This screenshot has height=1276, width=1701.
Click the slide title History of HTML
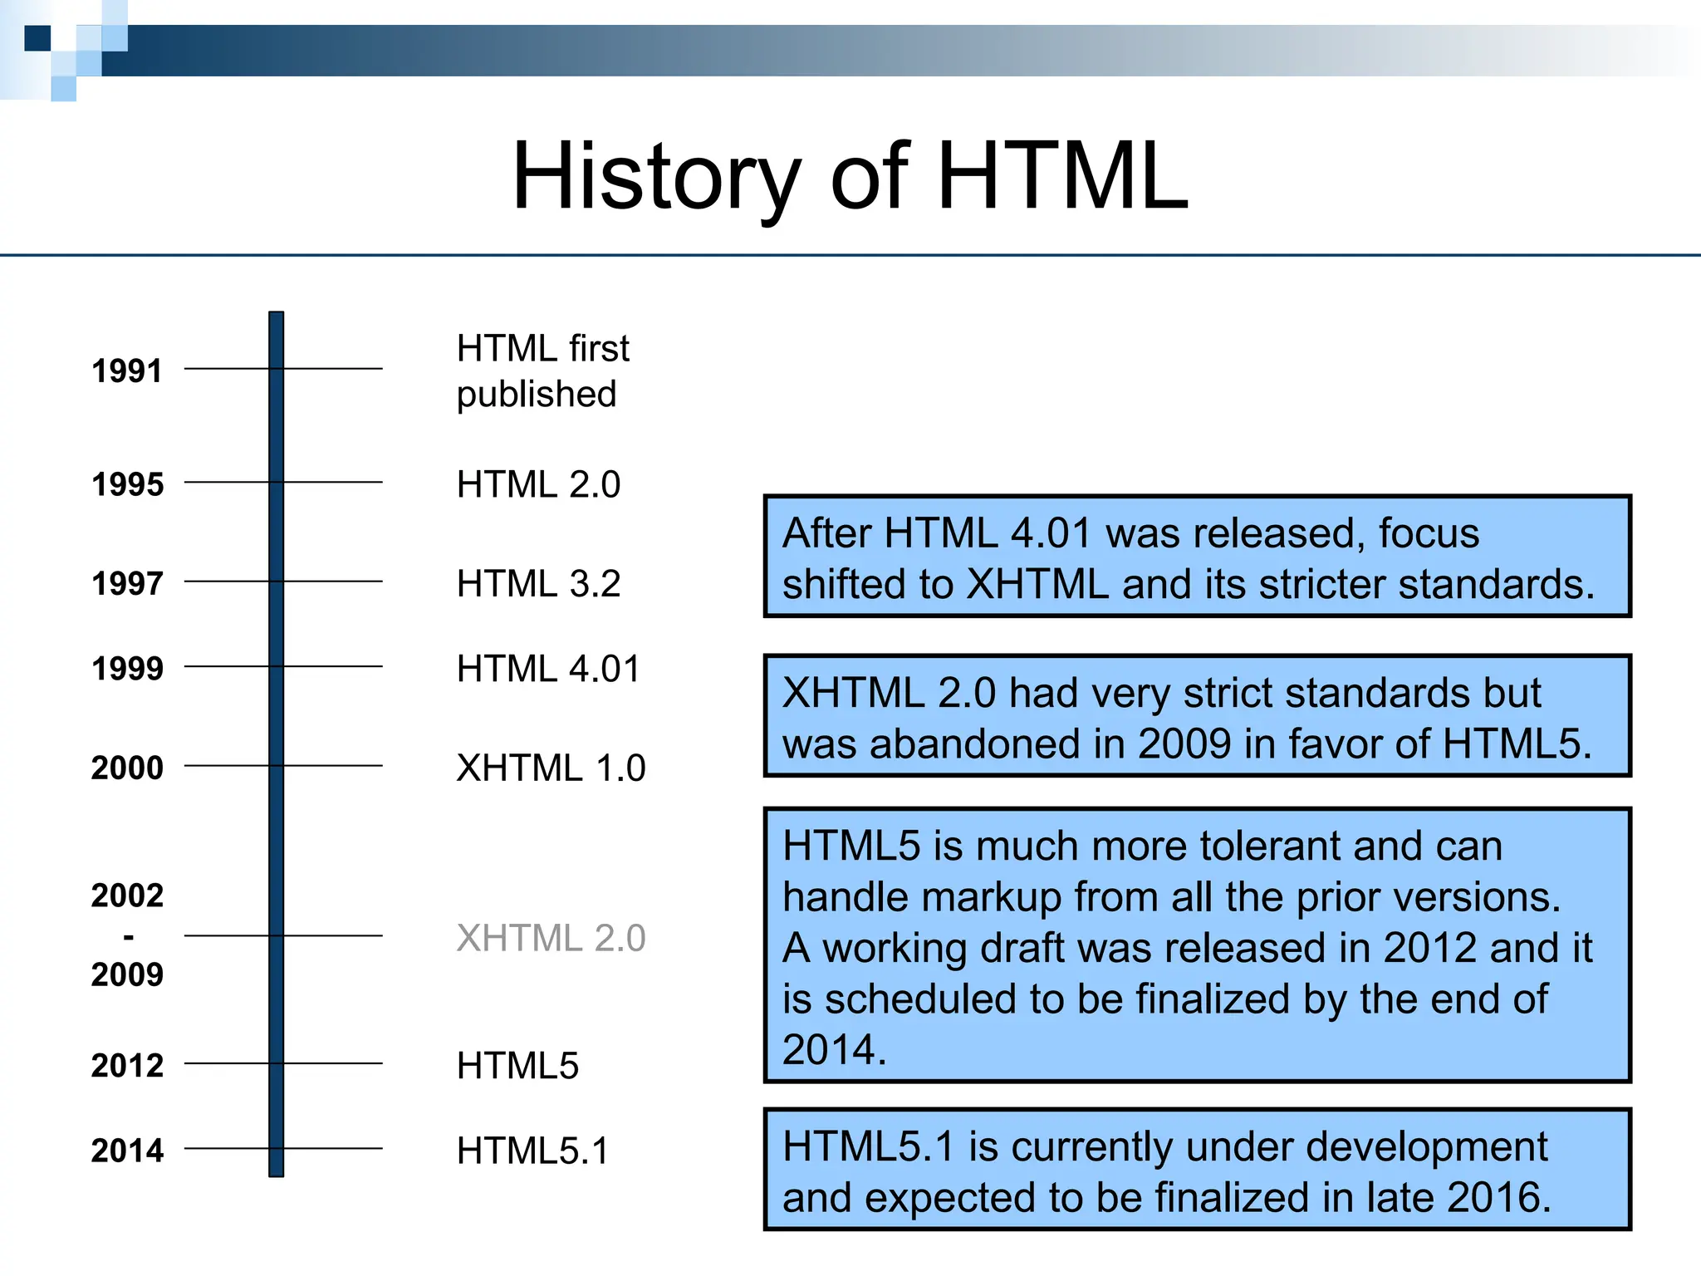click(850, 177)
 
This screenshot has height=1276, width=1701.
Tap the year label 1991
click(127, 371)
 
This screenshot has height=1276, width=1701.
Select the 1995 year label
click(127, 484)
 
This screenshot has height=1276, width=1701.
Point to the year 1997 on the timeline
click(127, 583)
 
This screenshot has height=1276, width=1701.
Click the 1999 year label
click(127, 668)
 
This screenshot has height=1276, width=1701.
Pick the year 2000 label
click(127, 768)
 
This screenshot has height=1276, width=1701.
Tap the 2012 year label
click(127, 1065)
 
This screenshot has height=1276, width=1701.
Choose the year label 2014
click(127, 1151)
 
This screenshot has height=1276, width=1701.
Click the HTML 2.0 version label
click(538, 484)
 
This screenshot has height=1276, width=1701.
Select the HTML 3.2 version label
click(538, 583)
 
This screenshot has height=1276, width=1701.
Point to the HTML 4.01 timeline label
click(548, 669)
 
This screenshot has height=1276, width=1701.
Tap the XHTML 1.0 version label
click(551, 768)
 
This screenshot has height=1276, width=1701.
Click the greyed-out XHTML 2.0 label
click(551, 938)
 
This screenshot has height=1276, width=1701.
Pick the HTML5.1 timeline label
click(532, 1151)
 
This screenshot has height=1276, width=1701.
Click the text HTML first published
click(542, 371)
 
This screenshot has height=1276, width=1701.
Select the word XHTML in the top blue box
click(1037, 584)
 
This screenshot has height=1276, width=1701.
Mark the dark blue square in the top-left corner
click(37, 38)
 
